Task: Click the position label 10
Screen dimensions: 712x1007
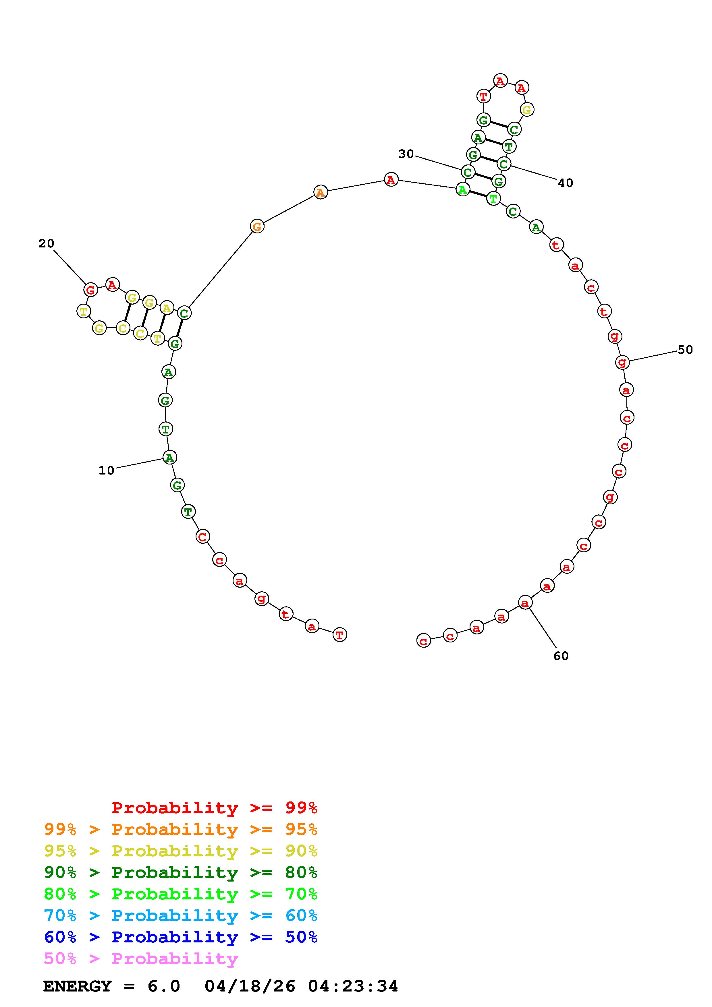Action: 106,470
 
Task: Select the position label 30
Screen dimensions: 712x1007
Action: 406,154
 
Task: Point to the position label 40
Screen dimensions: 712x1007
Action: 566,183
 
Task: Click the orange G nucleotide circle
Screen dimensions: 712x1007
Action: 257,227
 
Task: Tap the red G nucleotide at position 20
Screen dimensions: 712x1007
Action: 90,290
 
